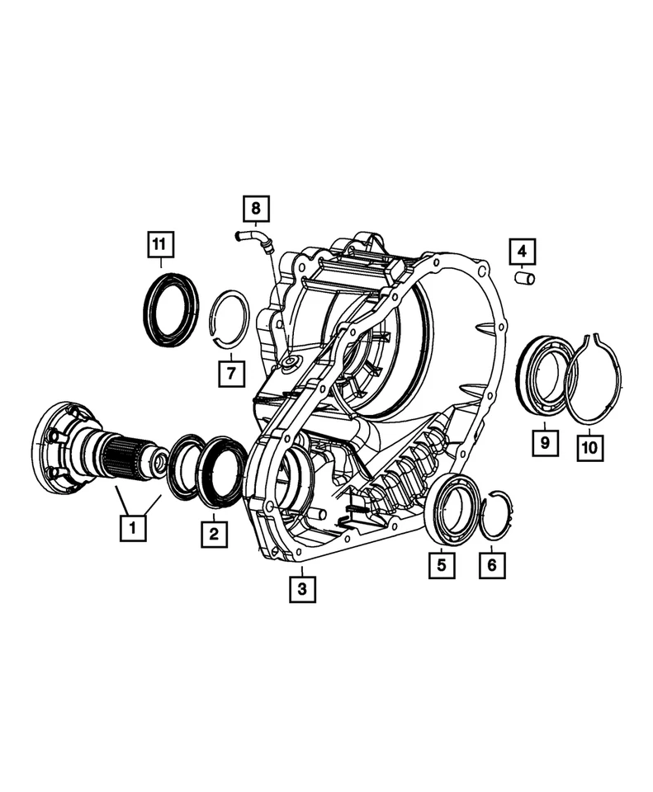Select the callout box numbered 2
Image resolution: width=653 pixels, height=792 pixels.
click(214, 534)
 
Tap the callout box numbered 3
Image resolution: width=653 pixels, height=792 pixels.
click(302, 589)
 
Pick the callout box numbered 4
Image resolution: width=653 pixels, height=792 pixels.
click(522, 249)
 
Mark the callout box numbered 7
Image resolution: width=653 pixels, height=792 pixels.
click(232, 374)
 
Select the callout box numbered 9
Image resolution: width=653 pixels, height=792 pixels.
click(545, 443)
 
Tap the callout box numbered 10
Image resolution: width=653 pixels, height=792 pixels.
click(591, 447)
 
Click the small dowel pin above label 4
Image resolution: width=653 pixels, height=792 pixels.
click(524, 278)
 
